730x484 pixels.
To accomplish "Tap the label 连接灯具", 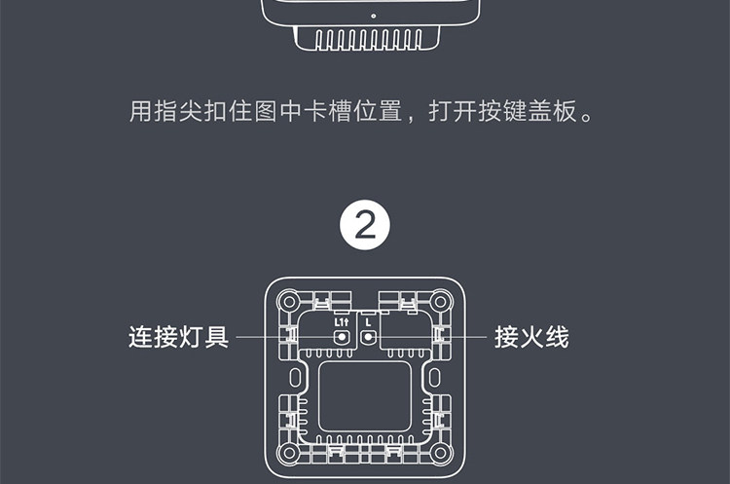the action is click(x=179, y=338).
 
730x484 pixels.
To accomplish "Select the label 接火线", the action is click(x=531, y=338).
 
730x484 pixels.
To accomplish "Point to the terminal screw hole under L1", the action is click(x=342, y=338).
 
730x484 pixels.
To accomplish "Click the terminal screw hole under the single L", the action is click(x=368, y=338).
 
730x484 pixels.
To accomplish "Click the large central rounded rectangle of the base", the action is click(x=365, y=397).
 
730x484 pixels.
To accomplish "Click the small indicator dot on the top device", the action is click(x=373, y=16).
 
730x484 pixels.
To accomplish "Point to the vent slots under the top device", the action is click(x=364, y=39).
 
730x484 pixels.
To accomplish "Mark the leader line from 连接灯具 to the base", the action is click(x=282, y=338).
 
